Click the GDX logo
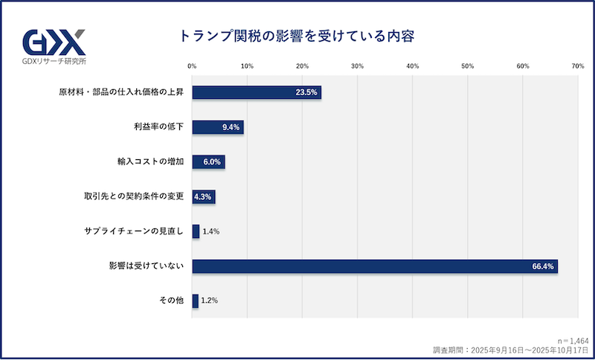coord(54,40)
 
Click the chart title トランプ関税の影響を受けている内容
coord(296,36)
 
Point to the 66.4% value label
coord(541,266)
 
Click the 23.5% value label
coord(306,92)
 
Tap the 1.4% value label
coord(211,231)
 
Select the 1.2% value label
coord(210,301)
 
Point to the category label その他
coord(171,301)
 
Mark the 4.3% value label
coord(203,196)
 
